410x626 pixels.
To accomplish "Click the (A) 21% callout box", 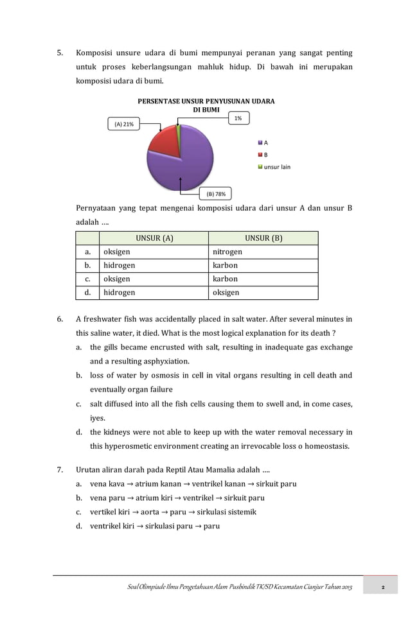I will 124,124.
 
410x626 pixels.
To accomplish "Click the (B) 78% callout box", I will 215,193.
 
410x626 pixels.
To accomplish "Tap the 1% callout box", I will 238,118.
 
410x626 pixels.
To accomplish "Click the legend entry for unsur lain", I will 277,167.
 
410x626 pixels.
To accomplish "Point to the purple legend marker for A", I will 260,143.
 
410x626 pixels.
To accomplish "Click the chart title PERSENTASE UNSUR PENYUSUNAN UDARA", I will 206,101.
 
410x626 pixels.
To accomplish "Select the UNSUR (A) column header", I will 154,238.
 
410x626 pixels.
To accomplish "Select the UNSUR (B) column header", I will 263,238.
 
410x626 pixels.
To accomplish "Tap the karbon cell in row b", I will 225,266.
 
